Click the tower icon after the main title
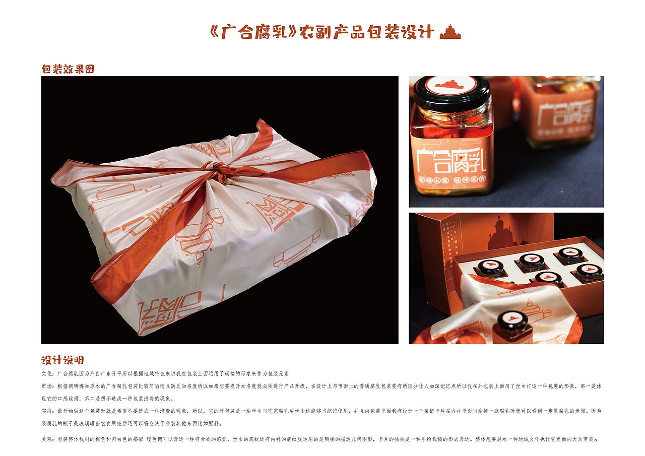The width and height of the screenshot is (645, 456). click(x=450, y=32)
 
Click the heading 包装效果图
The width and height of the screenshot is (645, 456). click(x=68, y=69)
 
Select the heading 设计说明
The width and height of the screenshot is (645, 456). click(x=62, y=360)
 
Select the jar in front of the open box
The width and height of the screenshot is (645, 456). click(x=512, y=326)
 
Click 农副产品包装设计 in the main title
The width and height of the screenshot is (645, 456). click(x=366, y=32)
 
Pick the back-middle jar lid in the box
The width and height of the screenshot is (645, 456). click(x=531, y=260)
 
